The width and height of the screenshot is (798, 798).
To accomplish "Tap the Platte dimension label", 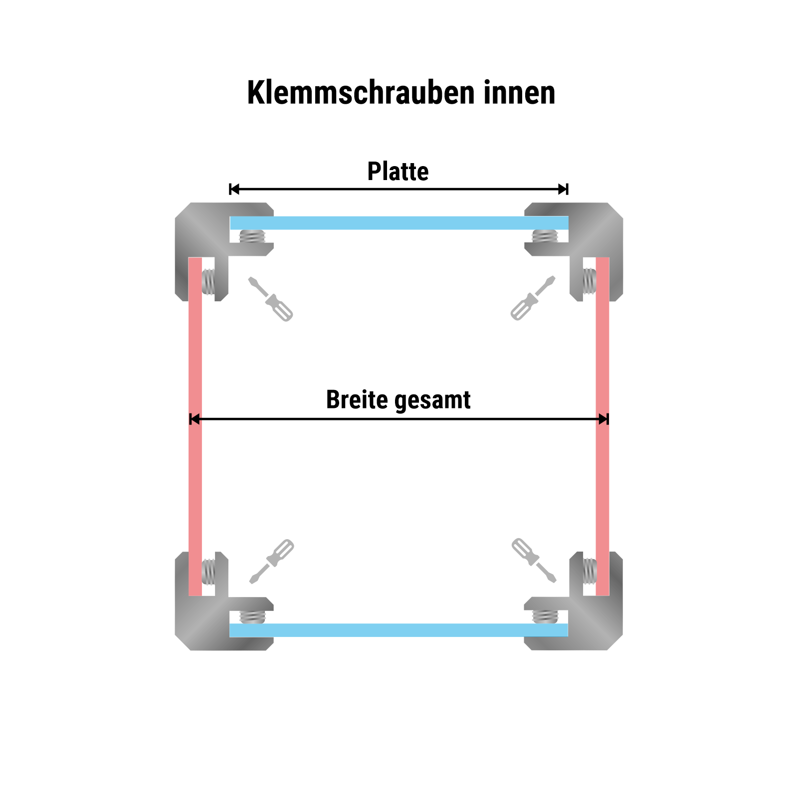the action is coord(398,172).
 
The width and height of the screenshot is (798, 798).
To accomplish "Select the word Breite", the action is coord(357,399).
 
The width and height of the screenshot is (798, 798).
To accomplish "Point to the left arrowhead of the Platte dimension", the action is coord(234,189).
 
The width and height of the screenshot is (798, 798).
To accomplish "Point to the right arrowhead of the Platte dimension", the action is coord(563,189).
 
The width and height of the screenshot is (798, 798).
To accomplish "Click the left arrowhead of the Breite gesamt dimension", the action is coord(195,419).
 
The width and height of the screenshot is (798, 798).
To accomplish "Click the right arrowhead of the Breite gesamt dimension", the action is coord(603,419).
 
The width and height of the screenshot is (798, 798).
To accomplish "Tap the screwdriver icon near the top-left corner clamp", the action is coord(270,299).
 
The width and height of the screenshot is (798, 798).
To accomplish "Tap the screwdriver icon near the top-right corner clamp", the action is coord(533,298).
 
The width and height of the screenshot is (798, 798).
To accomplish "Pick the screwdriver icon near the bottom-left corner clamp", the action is coord(272,562).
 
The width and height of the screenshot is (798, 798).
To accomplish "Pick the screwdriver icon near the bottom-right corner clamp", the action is coord(534,561).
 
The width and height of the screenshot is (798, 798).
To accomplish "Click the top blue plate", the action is coord(399,223).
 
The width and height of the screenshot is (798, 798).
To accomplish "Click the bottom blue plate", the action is coord(399,630).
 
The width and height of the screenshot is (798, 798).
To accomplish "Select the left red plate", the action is coord(195,426).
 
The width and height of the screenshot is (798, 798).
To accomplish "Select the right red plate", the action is coord(602,426).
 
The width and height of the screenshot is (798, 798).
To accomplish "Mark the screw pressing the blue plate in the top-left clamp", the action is coord(252,236).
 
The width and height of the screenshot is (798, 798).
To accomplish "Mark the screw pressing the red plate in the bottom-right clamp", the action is coord(590,571).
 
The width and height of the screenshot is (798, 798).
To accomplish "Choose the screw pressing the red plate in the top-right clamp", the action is coord(590,281).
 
